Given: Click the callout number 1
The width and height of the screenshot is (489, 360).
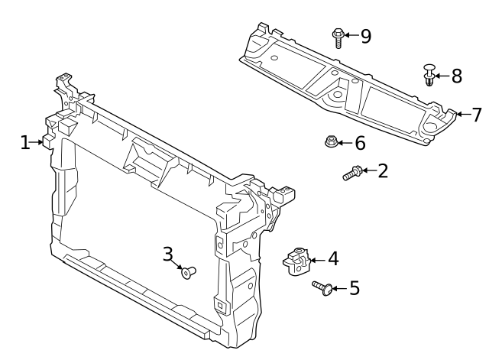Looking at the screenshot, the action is tap(25, 143).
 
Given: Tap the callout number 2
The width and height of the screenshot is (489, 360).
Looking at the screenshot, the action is tap(383, 171).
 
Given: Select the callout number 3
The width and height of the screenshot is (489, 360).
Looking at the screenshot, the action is tap(168, 254).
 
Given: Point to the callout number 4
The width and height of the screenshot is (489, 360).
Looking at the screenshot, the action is tap(333, 258).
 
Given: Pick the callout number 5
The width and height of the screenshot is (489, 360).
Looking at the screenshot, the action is tap(355, 287).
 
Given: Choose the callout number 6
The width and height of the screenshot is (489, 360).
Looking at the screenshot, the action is tap(360, 143).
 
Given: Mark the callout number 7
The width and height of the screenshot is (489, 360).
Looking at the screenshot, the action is tap(477, 115).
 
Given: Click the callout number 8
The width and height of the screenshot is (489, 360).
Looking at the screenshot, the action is tap(457, 76).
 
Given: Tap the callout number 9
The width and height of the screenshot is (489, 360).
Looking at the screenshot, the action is tap(366, 36).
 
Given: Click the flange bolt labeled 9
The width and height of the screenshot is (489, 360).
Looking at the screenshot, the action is tap(338, 37).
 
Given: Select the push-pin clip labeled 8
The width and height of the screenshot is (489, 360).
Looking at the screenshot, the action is tap(429, 75).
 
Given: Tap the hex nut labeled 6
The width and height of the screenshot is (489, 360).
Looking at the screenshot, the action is tap(331, 141).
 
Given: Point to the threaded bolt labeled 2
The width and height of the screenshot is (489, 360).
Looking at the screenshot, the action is tap(353, 174).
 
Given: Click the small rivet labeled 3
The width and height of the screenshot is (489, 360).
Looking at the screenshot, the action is tap(189, 272).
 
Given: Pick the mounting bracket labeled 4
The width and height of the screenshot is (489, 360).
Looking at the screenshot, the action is tap(296, 261).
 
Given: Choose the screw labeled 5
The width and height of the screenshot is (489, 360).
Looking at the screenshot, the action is tap(322, 287).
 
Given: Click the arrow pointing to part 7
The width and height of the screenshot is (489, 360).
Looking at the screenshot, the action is tap(464, 115).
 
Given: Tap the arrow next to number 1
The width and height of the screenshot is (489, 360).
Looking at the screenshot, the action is tap(36, 142).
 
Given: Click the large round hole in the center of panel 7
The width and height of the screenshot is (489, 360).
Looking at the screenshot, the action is tap(338, 94).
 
